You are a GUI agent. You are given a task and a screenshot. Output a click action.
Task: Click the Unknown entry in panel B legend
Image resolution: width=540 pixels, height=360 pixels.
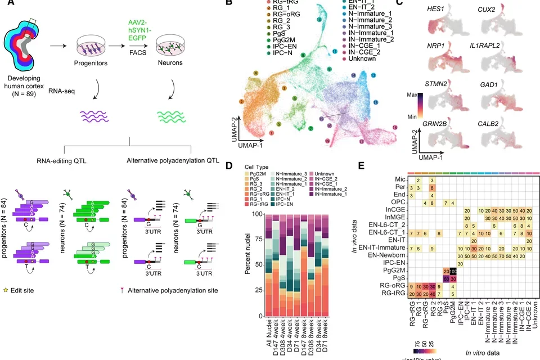(362, 58)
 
